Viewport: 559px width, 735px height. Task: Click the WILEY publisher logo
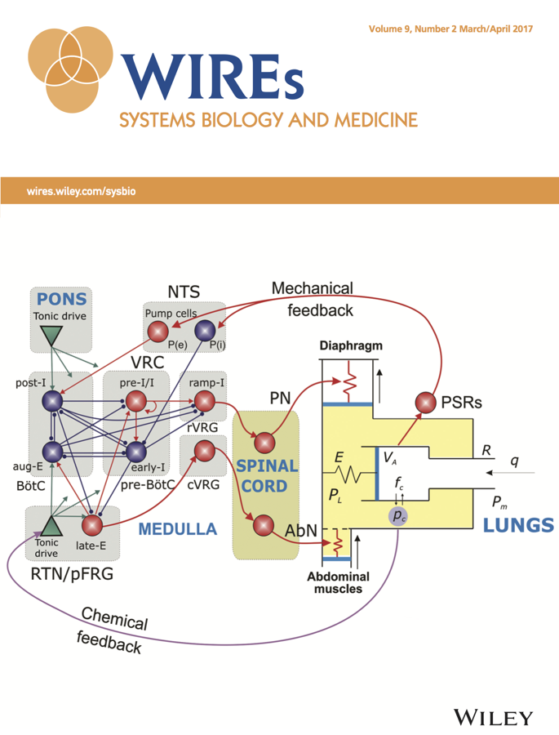[x=493, y=718]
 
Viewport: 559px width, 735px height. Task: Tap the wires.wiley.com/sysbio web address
[x=81, y=191]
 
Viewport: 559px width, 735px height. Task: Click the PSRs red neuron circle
[x=425, y=403]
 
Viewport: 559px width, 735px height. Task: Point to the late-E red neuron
[x=92, y=525]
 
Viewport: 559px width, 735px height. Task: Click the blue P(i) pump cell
[x=205, y=331]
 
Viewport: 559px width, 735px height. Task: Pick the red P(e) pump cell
[x=158, y=332]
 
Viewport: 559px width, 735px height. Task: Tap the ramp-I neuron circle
[x=204, y=401]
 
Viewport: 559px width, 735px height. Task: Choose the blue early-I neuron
[x=136, y=452]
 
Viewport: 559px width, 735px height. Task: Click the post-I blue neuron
[x=52, y=401]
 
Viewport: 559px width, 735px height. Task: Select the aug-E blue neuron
[x=52, y=452]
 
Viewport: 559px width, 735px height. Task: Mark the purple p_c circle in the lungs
[x=397, y=517]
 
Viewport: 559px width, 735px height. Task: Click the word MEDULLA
[x=178, y=529]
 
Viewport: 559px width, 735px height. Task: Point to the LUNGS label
[x=518, y=525]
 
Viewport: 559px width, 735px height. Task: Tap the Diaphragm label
[x=351, y=346]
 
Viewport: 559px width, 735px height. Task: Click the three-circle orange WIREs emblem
[x=71, y=69]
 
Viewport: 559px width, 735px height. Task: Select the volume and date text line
[x=450, y=29]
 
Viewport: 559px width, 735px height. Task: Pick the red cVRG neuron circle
[x=204, y=451]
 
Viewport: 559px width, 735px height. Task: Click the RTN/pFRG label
[x=72, y=574]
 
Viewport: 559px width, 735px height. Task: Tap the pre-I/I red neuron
[x=136, y=401]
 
